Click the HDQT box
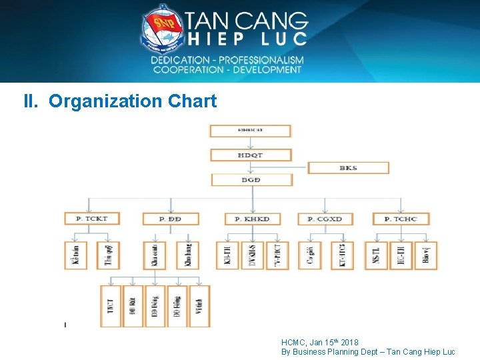click(x=251, y=155)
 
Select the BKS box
click(x=348, y=167)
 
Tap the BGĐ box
click(x=251, y=180)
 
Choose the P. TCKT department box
click(x=92, y=218)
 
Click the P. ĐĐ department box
click(x=170, y=218)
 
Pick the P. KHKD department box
click(x=252, y=218)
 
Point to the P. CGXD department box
click(x=325, y=218)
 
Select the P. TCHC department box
click(x=401, y=218)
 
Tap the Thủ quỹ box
click(x=109, y=255)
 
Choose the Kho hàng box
click(x=187, y=255)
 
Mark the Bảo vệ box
click(x=426, y=255)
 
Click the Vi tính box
click(x=199, y=306)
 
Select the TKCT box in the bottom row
click(x=111, y=306)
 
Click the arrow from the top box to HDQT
click(x=251, y=143)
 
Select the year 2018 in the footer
click(x=349, y=343)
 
